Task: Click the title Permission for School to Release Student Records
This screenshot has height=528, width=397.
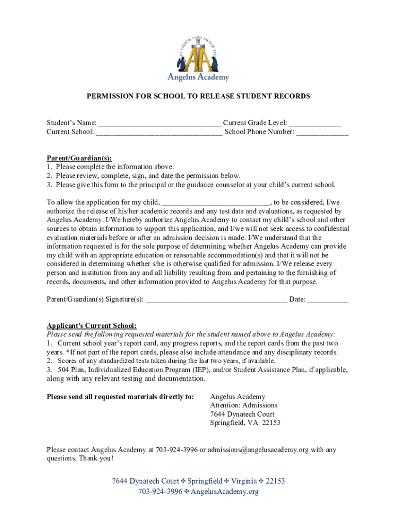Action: point(198,96)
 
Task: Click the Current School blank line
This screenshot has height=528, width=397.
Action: point(159,133)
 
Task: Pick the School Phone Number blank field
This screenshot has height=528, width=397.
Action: point(322,133)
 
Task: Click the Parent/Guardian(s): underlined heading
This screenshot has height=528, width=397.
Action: point(79,158)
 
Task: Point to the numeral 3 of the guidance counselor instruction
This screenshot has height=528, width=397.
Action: point(49,185)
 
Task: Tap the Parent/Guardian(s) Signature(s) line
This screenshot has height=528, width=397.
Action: point(217,300)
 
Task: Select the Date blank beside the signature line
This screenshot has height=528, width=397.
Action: point(328,300)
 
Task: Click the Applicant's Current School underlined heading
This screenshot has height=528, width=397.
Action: point(92,326)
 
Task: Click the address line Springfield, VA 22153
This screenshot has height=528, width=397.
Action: point(245,423)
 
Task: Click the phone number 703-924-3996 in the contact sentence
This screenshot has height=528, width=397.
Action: point(176,450)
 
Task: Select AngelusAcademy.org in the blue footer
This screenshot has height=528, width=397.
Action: point(224,492)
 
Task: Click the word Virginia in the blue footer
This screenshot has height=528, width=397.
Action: point(243,481)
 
